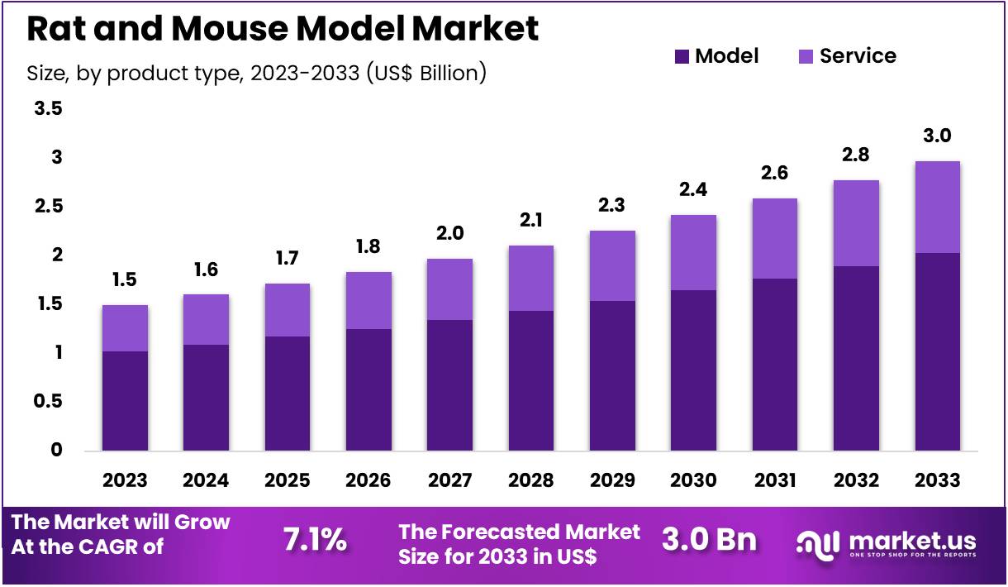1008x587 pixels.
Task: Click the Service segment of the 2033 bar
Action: coord(937,207)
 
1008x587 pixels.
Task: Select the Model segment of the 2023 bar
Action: coord(125,401)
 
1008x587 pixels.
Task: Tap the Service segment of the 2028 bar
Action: coord(530,278)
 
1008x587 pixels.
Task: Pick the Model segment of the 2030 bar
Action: coord(693,370)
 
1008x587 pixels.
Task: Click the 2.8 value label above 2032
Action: coord(856,155)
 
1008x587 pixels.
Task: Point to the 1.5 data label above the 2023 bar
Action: coord(125,280)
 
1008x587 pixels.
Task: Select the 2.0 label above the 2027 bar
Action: coord(449,234)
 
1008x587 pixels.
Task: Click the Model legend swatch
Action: coord(682,56)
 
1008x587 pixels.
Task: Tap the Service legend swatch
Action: coord(806,56)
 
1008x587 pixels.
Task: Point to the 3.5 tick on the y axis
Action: coord(48,109)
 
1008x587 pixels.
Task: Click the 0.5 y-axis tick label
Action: coord(48,402)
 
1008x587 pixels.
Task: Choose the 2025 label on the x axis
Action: coord(287,480)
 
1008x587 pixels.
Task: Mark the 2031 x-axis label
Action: coord(774,480)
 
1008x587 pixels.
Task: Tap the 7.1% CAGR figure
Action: coord(315,540)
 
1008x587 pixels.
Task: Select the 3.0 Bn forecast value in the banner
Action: coord(709,540)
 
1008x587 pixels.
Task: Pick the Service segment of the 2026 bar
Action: coord(368,300)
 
